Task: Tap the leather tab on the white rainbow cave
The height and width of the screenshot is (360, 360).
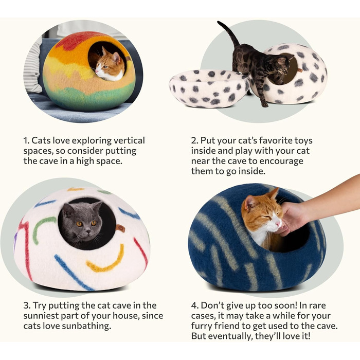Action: pyautogui.click(x=120, y=228)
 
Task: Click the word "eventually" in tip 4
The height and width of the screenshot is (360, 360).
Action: pyautogui.click(x=230, y=336)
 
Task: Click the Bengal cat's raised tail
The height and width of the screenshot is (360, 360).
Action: pyautogui.click(x=229, y=34)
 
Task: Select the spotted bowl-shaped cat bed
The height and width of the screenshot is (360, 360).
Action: pyautogui.click(x=209, y=88)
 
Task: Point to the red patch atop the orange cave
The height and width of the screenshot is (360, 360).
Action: pyautogui.click(x=76, y=41)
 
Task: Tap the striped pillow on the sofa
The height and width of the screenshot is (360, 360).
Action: pyautogui.click(x=33, y=66)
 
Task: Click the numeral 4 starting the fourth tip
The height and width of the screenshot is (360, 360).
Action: pyautogui.click(x=194, y=306)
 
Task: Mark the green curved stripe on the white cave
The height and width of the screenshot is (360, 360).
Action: pyautogui.click(x=43, y=230)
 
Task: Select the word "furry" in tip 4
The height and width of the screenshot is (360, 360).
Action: pyautogui.click(x=202, y=326)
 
